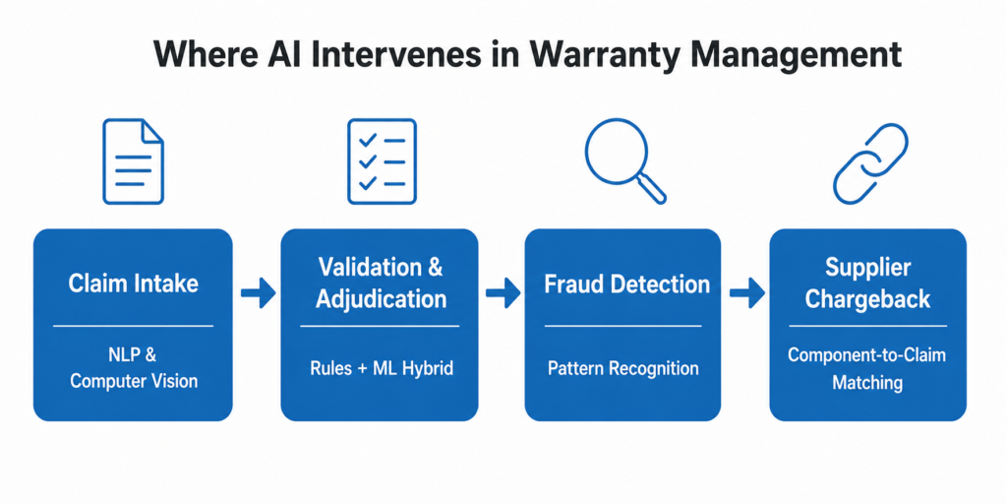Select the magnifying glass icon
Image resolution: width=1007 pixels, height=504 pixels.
pyautogui.click(x=622, y=159)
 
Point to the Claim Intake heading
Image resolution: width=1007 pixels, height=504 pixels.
pyautogui.click(x=133, y=284)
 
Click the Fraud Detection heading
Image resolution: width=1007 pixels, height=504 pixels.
pyautogui.click(x=626, y=284)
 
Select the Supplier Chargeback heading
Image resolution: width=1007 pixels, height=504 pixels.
pyautogui.click(x=867, y=283)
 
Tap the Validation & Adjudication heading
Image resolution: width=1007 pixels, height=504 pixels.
pyautogui.click(x=381, y=283)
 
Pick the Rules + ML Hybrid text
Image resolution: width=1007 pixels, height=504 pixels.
pyautogui.click(x=381, y=368)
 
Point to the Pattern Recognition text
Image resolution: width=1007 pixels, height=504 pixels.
pyautogui.click(x=622, y=368)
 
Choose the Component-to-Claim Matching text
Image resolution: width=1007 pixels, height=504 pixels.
pyautogui.click(x=867, y=368)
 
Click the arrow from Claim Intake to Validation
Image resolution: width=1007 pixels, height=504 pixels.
pyautogui.click(x=258, y=292)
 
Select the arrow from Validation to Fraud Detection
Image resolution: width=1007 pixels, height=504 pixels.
pyautogui.click(x=503, y=292)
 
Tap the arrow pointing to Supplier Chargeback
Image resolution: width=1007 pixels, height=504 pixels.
pyautogui.click(x=746, y=292)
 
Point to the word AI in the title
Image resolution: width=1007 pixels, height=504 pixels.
pyautogui.click(x=258, y=53)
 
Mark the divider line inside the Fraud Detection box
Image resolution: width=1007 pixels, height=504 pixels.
pyautogui.click(x=622, y=324)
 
